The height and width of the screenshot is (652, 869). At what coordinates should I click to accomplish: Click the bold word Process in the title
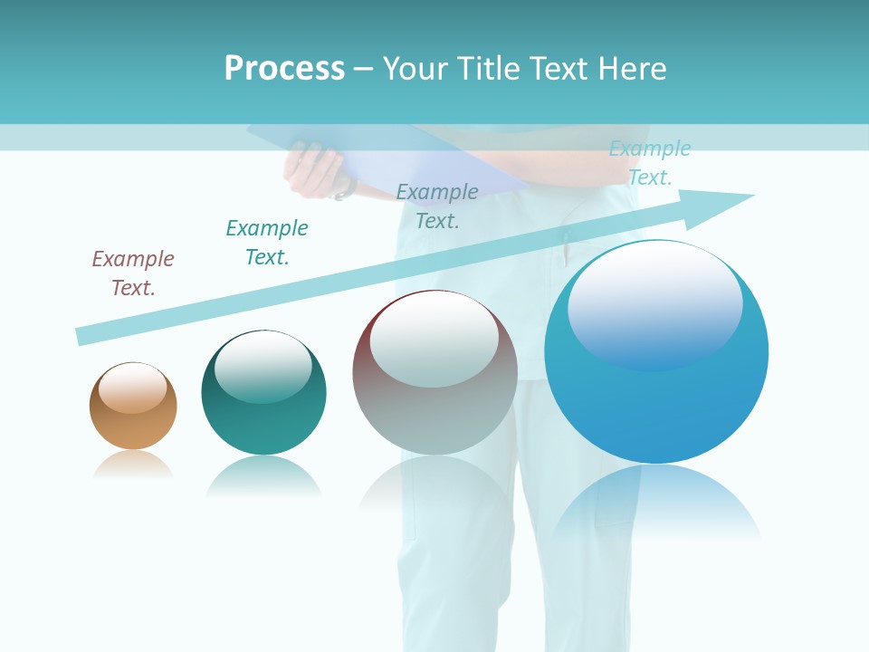point(284,69)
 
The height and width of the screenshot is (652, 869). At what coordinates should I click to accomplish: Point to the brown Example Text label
point(133,273)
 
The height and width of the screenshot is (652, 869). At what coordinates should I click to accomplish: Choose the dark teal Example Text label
point(267,243)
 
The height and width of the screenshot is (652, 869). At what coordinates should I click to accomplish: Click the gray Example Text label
point(437,206)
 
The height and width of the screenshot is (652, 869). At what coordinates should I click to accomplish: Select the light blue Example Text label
point(649,163)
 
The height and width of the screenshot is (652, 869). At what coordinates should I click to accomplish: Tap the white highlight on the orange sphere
point(133,388)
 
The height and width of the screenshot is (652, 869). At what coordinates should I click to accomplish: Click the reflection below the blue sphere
point(656,503)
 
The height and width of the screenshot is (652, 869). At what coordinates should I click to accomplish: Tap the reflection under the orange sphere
point(133,464)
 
